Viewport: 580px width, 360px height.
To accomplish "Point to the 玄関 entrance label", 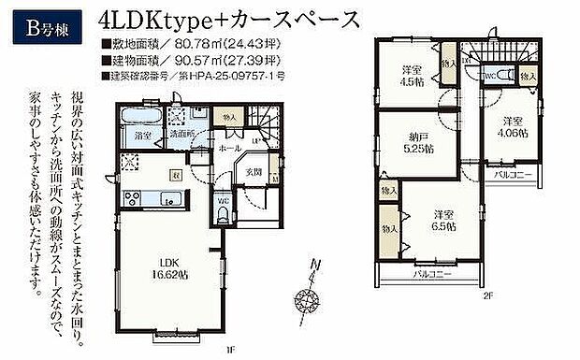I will click(x=254, y=172).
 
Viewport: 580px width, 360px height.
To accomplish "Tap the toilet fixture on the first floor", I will click(x=221, y=213).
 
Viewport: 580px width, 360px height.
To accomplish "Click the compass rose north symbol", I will click(x=307, y=300).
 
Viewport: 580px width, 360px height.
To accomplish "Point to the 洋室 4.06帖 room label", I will click(x=510, y=126).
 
